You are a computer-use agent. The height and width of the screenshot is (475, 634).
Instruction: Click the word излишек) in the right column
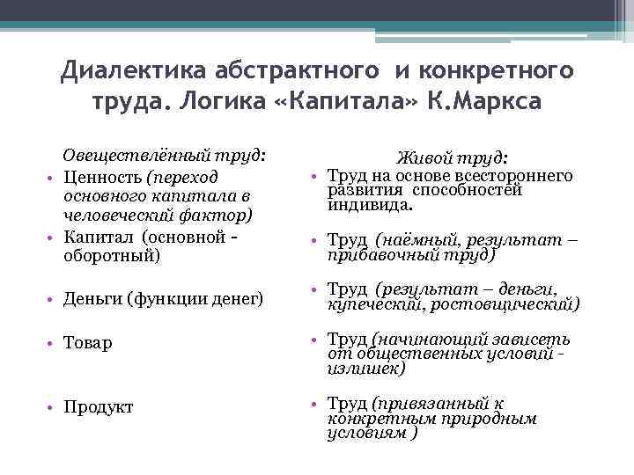(x=366, y=369)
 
